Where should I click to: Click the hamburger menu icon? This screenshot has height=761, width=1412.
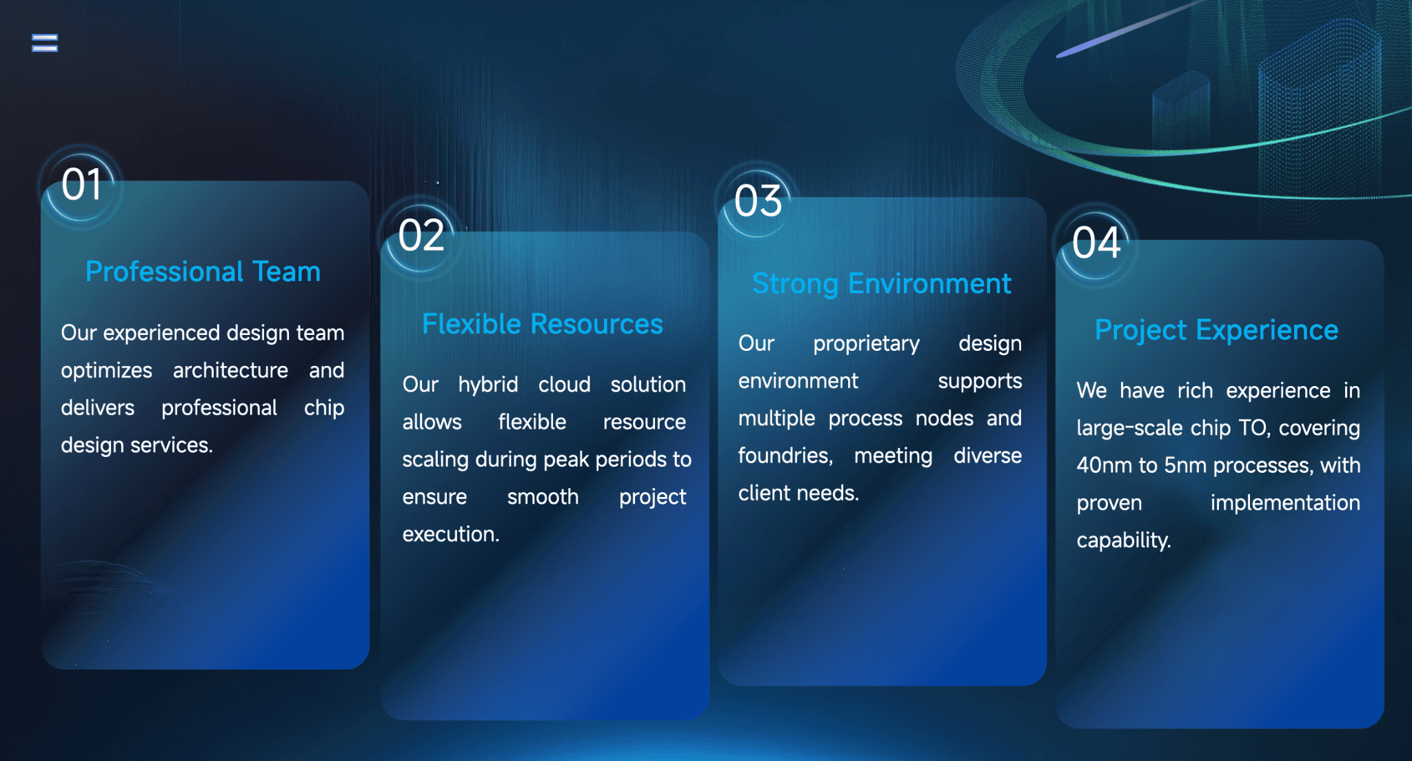[45, 43]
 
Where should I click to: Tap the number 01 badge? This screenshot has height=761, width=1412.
[81, 185]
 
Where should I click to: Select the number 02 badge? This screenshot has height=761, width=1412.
[421, 236]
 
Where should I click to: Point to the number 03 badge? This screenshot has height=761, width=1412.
[758, 201]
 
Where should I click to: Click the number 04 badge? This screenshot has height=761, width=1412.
[1096, 243]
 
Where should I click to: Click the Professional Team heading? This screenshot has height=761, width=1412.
[203, 272]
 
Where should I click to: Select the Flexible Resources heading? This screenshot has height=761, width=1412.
[542, 324]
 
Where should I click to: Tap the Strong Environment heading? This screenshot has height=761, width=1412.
[881, 284]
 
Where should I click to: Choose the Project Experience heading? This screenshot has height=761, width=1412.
[1216, 330]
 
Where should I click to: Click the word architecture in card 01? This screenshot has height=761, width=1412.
[230, 371]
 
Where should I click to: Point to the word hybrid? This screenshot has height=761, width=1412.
[487, 385]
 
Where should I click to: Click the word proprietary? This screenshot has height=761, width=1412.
[866, 344]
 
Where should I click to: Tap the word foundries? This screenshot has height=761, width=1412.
[785, 456]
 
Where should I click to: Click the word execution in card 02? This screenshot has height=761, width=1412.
[450, 534]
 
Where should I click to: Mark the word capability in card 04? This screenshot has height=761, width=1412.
[1123, 540]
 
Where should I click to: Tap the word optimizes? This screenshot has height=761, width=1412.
[106, 371]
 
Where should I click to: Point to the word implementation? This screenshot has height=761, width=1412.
[1284, 503]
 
